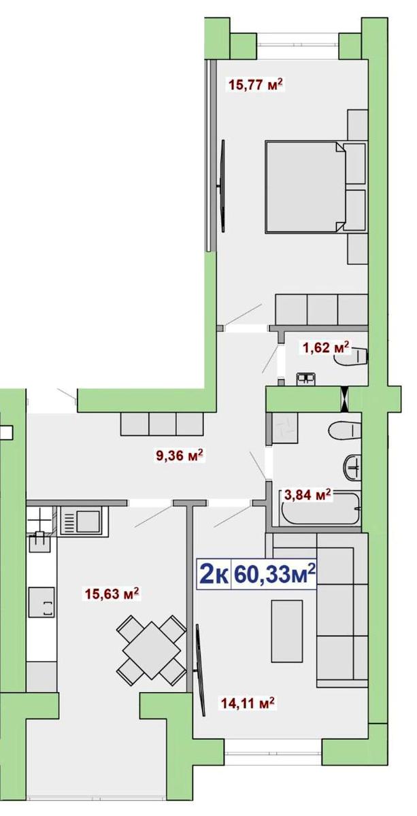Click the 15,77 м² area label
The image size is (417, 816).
256,85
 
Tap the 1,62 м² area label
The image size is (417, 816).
326,347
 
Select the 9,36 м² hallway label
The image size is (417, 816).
179,456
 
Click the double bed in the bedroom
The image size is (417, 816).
316,187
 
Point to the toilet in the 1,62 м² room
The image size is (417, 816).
352,356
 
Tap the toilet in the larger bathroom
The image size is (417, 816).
345,431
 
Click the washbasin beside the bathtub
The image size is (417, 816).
352,466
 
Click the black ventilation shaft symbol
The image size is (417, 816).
344,399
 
